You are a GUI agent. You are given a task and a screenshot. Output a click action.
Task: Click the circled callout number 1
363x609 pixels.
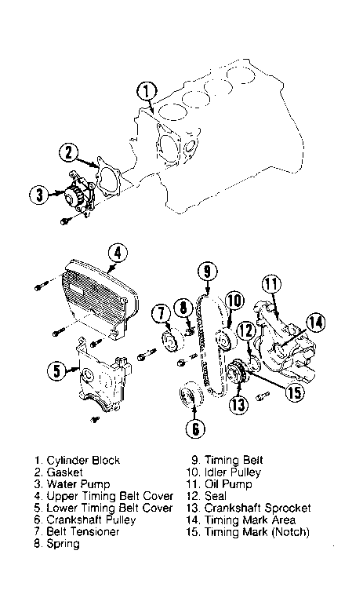(146, 93)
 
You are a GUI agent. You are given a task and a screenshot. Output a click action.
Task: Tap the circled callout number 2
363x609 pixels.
(69, 153)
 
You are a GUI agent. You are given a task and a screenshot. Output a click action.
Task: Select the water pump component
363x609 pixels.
(78, 193)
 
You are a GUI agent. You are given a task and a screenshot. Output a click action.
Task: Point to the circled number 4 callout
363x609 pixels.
(118, 254)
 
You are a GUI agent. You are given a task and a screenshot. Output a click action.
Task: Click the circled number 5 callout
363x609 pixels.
(57, 371)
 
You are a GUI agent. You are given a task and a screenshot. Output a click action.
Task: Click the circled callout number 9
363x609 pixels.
(207, 272)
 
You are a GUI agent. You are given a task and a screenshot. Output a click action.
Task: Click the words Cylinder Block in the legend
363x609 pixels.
(83, 461)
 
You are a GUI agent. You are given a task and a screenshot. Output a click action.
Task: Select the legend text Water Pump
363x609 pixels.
(78, 485)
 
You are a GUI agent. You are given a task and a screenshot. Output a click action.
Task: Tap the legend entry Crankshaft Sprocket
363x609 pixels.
(257, 509)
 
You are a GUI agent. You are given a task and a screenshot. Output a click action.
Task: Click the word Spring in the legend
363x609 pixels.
(64, 544)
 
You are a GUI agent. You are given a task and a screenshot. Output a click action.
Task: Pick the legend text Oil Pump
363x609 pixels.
(228, 485)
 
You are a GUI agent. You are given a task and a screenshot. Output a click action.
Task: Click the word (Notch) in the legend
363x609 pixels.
(291, 532)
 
